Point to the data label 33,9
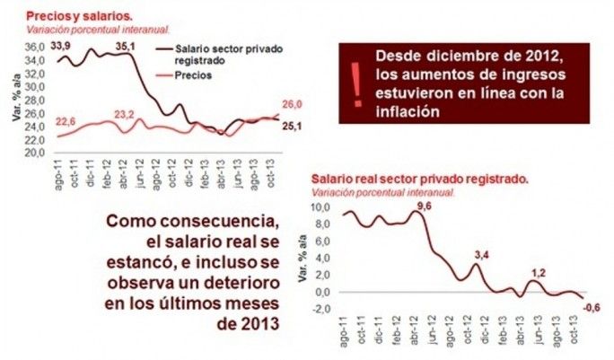click(x=62, y=45)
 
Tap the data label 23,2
click(x=125, y=114)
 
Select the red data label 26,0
click(x=292, y=105)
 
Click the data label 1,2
click(x=539, y=272)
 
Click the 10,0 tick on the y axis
click(x=320, y=206)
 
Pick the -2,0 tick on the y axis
click(x=320, y=309)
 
